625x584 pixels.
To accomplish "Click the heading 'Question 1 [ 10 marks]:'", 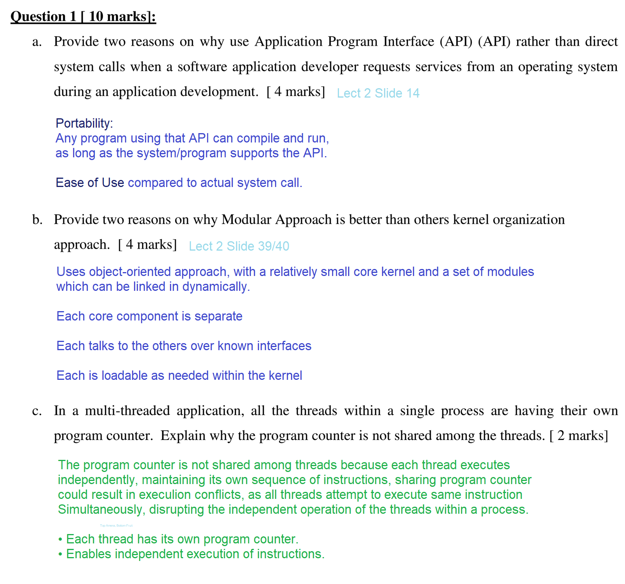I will pos(83,16).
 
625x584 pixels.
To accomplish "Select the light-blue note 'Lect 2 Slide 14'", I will pos(378,93).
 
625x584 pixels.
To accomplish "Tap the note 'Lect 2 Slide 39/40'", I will pos(239,246).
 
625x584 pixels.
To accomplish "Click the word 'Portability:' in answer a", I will pos(84,123).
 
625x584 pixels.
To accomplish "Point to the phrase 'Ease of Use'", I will pos(89,183).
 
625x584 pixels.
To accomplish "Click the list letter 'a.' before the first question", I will pos(37,42).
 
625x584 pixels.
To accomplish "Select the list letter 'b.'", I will pos(37,220).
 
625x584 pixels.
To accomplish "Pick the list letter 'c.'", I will pos(37,411).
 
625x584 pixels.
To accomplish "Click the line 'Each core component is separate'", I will pos(149,316).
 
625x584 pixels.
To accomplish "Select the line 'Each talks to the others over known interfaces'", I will pos(184,346).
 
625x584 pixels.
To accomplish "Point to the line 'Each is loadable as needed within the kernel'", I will pos(179,376).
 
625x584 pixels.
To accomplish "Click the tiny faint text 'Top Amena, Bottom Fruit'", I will pos(116,526).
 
